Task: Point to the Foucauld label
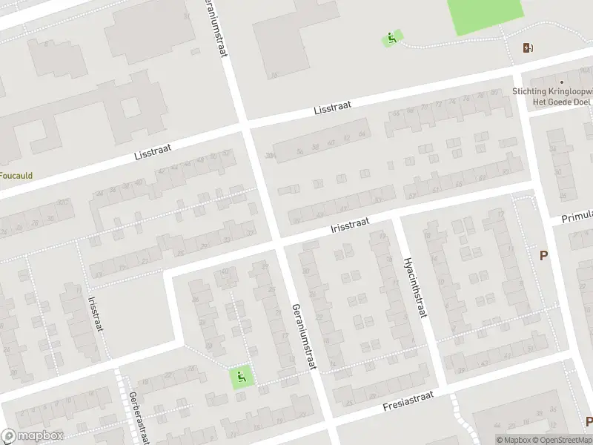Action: [x=15, y=176]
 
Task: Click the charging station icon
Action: [x=527, y=48]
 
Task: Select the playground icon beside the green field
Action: [x=392, y=39]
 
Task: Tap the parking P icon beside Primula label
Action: [x=544, y=256]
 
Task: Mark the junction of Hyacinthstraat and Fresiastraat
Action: [x=443, y=388]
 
